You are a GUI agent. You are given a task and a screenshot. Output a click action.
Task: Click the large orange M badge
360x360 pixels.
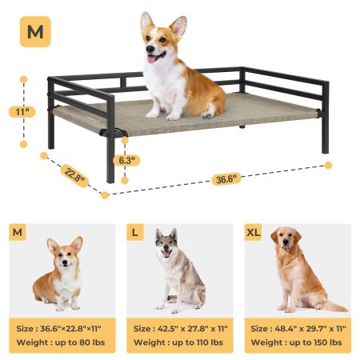pyautogui.click(x=35, y=32)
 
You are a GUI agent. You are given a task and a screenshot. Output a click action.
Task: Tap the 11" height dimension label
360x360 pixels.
pyautogui.click(x=22, y=112)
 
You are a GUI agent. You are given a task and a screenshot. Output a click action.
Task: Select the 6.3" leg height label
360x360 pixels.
pyautogui.click(x=126, y=161)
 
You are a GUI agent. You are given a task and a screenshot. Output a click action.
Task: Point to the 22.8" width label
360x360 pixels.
pyautogui.click(x=74, y=175)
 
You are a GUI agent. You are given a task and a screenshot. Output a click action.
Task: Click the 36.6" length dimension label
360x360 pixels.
pyautogui.click(x=226, y=179)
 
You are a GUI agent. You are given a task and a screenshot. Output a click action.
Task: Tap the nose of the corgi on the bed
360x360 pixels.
pyautogui.click(x=150, y=49)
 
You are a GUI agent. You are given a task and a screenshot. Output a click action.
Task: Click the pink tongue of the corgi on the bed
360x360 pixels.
pyautogui.click(x=151, y=59)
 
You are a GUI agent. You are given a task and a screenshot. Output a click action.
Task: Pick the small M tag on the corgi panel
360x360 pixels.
pyautogui.click(x=18, y=232)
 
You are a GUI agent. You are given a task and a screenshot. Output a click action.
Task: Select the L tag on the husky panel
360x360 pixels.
pyautogui.click(x=135, y=232)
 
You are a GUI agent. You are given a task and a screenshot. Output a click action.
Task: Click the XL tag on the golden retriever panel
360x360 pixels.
pyautogui.click(x=253, y=232)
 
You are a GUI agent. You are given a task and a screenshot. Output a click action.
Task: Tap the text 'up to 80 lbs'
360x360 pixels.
pyautogui.click(x=80, y=342)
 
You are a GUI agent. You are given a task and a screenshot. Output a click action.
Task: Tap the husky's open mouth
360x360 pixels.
pyautogui.click(x=166, y=254)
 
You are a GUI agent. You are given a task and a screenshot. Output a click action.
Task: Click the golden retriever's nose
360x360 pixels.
pyautogui.click(x=286, y=242)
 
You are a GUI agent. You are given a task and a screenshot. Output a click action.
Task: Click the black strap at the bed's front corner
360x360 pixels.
pyautogui.click(x=112, y=132)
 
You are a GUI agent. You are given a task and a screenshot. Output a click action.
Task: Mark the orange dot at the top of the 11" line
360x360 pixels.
pyautogui.click(x=23, y=79)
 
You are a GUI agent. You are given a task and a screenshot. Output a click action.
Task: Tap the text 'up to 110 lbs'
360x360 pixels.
pyautogui.click(x=198, y=342)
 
